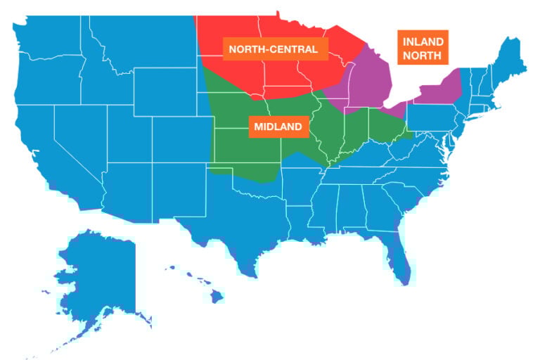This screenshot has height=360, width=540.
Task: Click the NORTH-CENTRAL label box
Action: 278,49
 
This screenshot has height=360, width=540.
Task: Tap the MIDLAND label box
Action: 278,127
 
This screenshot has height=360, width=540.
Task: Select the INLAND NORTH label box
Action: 423,49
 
